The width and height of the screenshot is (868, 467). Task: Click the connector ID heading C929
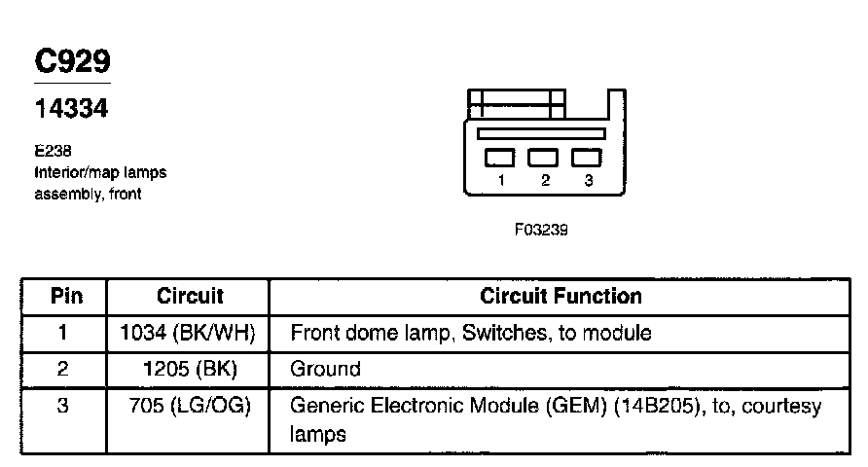[73, 61]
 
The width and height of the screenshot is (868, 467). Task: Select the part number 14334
[71, 109]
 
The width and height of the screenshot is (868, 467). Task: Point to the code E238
[51, 152]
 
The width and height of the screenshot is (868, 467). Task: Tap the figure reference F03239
[541, 232]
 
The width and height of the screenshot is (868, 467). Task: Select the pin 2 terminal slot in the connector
[543, 156]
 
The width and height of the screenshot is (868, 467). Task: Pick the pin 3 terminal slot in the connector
[586, 156]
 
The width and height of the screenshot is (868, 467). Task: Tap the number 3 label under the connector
[588, 181]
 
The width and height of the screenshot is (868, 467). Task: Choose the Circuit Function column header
[561, 296]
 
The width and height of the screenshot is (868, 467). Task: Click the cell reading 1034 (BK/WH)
[188, 333]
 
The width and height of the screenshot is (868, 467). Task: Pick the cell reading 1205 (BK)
[188, 369]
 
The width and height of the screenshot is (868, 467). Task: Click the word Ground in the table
[325, 369]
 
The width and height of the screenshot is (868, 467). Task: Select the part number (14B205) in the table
[663, 406]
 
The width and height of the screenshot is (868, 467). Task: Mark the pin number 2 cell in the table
[63, 369]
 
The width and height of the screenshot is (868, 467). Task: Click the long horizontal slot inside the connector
[543, 133]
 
